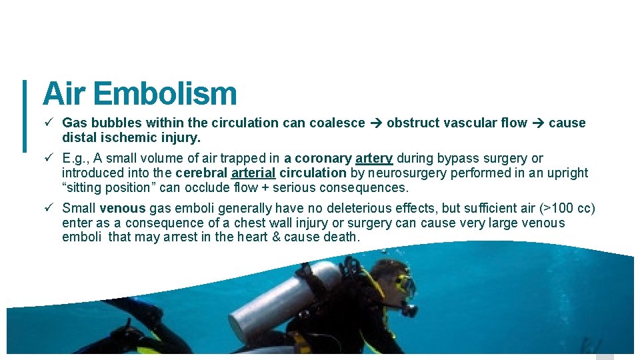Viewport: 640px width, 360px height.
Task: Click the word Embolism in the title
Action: coord(165,94)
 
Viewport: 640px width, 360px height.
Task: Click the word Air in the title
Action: coord(65,94)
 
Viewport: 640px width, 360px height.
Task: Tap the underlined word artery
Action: coord(374,159)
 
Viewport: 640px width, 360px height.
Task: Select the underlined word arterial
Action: coord(253,173)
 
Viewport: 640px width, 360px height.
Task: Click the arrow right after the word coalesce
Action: coord(375,123)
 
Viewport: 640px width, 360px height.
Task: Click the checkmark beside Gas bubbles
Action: coord(48,123)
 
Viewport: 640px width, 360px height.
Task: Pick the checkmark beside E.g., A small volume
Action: coord(48,159)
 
